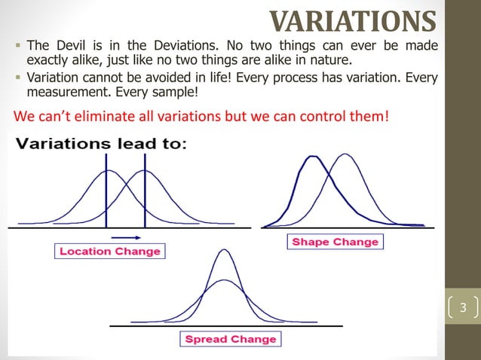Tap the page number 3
click(463, 307)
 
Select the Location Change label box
click(110, 252)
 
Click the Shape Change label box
click(335, 242)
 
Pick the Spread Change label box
click(231, 339)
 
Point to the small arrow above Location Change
click(121, 236)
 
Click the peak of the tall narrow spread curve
click(224, 250)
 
